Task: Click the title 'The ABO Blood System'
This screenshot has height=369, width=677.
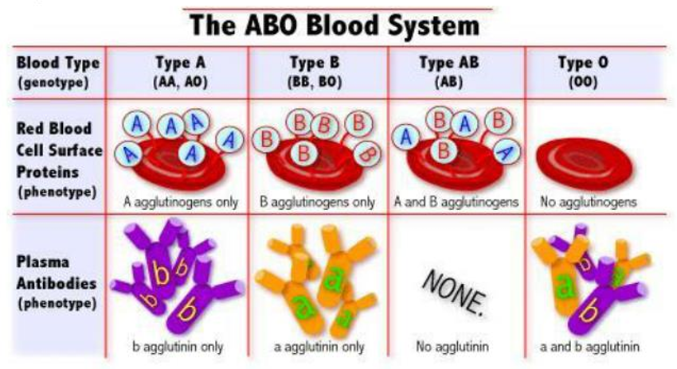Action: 335,25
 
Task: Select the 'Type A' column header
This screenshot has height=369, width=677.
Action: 181,63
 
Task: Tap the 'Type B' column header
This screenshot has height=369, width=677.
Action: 315,63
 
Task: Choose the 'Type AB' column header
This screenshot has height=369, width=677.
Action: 449,63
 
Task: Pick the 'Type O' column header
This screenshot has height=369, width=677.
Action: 583,63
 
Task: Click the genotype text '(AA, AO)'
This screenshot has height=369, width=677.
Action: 181,81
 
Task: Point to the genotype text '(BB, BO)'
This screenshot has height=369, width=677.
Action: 315,81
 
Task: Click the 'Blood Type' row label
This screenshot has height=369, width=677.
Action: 58,63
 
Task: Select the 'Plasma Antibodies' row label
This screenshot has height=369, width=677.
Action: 56,273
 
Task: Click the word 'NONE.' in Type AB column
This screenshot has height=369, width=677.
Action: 454,293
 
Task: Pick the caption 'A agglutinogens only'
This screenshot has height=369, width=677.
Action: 181,202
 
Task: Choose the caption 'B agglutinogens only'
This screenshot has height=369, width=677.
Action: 317,202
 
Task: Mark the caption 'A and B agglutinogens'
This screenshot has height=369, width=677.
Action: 456,202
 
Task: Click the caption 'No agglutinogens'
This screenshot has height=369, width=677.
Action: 589,202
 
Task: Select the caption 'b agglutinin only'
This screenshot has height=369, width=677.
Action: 178,347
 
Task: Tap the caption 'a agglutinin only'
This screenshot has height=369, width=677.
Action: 319,347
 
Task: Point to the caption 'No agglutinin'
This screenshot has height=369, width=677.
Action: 452,346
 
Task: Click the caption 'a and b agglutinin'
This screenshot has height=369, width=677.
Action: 589,347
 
